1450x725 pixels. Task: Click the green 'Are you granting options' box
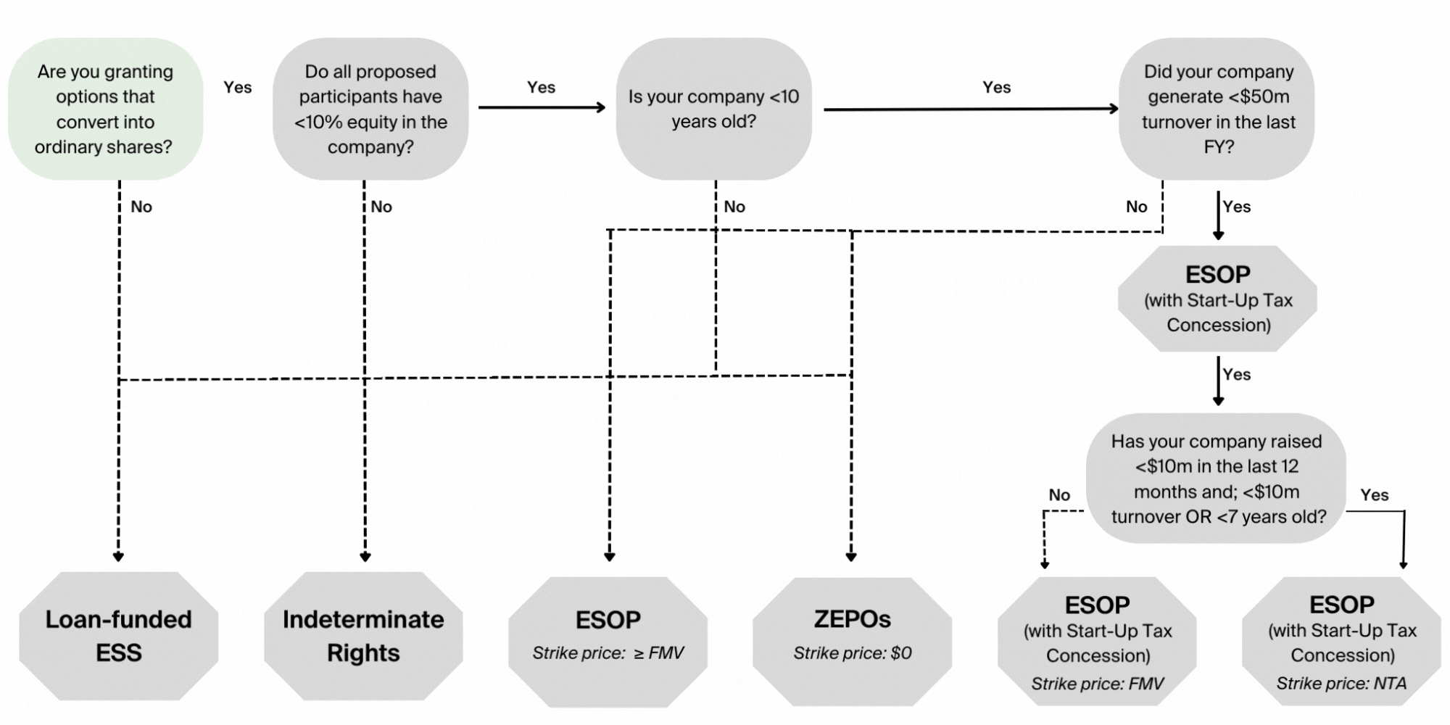click(x=105, y=109)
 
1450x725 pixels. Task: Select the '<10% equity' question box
click(x=370, y=109)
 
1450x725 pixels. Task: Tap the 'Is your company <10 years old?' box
click(x=713, y=109)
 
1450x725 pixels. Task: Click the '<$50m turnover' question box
click(x=1218, y=109)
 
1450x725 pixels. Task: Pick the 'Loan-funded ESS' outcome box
click(x=118, y=636)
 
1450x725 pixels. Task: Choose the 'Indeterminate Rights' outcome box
click(x=363, y=636)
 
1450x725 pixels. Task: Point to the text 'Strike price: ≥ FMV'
click(x=608, y=653)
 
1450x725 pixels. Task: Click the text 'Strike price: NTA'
click(x=1341, y=684)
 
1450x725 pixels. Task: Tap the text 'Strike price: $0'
click(x=852, y=653)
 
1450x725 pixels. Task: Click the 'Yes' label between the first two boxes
click(x=238, y=87)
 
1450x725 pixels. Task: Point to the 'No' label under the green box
click(x=141, y=207)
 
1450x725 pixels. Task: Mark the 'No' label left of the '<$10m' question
click(x=1059, y=495)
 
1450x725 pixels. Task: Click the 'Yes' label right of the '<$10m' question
click(x=1375, y=495)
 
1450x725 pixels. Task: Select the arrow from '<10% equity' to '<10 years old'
click(x=542, y=107)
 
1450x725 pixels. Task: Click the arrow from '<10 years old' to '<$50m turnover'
click(x=971, y=109)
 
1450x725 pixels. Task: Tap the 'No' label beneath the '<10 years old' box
click(x=734, y=207)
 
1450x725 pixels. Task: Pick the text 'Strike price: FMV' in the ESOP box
click(x=1097, y=684)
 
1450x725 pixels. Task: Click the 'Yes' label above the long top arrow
click(x=996, y=87)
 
